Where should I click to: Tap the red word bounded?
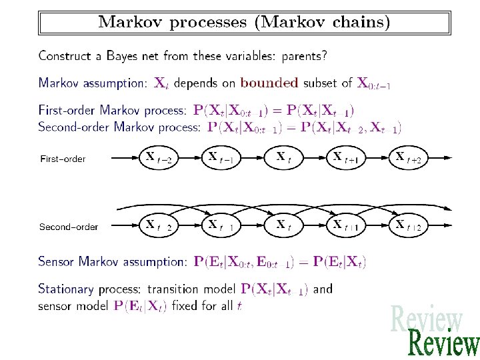[x=269, y=83]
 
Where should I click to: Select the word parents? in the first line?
[x=305, y=56]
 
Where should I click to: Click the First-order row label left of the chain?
[x=63, y=159]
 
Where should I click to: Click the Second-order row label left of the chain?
[x=69, y=227]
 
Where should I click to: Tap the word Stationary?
[x=67, y=289]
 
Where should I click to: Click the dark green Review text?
[x=443, y=344]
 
